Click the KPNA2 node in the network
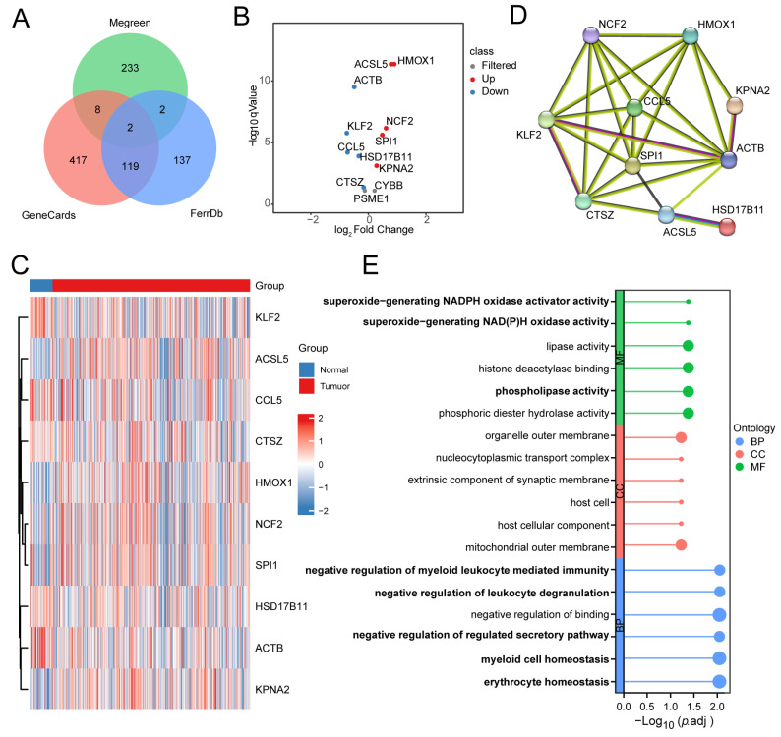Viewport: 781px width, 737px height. click(x=735, y=105)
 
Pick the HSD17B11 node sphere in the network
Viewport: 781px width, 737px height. click(x=728, y=228)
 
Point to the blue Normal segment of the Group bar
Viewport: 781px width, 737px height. click(x=40, y=284)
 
